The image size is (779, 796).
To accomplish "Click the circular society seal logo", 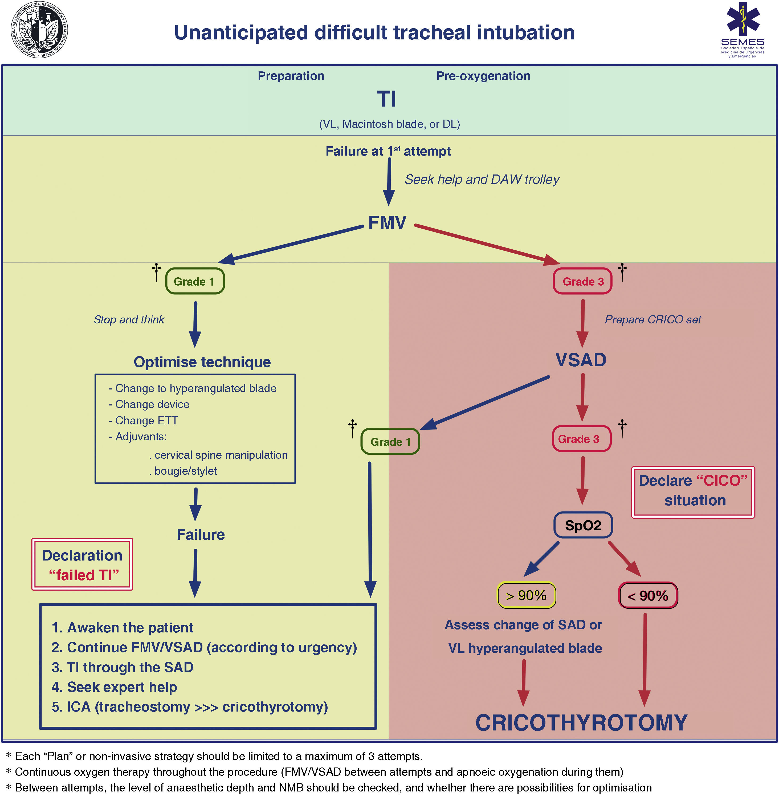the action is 39,30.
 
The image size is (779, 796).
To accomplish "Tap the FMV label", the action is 387,223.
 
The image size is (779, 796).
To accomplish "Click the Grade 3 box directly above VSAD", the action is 583,281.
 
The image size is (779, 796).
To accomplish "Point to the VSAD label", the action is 581,360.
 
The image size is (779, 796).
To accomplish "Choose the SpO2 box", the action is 583,525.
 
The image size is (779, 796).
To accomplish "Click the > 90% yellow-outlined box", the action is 526,595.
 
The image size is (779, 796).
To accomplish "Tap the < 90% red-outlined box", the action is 648,595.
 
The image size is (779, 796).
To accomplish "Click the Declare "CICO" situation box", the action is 693,492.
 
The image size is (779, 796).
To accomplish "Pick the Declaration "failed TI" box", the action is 82,564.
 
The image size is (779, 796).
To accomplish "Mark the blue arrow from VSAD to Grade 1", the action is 484,403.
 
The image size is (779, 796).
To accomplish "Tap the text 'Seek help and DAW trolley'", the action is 482,180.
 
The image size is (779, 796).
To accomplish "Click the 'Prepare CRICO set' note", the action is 653,320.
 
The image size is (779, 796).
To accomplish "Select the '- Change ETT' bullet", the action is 143,421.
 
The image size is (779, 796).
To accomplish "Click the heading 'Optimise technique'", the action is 202,362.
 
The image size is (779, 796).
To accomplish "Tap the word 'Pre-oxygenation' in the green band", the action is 483,76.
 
